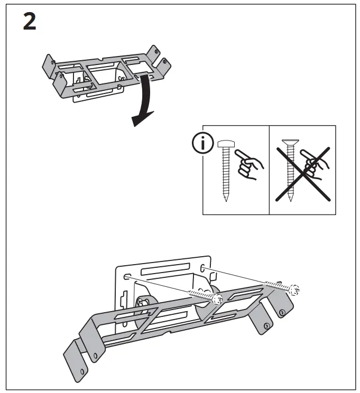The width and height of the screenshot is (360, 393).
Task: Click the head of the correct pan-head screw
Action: (x=225, y=143)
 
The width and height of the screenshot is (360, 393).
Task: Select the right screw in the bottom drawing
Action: (x=280, y=287)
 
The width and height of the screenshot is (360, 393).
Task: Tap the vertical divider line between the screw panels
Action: (x=270, y=170)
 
